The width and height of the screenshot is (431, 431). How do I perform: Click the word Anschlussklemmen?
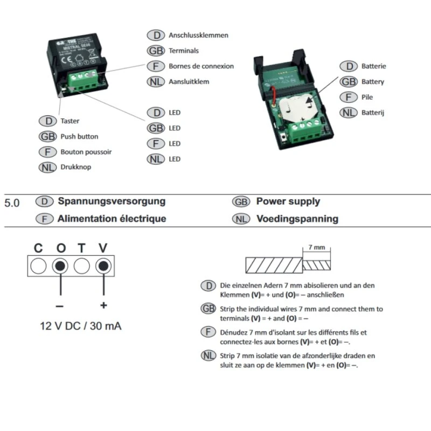coord(198,35)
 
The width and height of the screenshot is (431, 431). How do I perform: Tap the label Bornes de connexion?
coord(201,66)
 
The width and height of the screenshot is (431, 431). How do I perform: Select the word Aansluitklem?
coord(189,82)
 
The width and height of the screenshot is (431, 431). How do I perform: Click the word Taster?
coord(70,121)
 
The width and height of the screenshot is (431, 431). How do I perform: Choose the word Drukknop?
coord(76,167)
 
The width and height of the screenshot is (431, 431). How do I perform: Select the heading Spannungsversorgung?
coord(112,201)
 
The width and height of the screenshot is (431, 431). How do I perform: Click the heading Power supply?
coord(288,201)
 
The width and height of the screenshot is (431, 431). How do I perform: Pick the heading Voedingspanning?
coord(297,219)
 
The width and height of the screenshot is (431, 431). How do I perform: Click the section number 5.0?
coord(12,204)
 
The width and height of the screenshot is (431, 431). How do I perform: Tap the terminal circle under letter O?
coord(60,266)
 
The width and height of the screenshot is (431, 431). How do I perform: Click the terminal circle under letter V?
coord(103,266)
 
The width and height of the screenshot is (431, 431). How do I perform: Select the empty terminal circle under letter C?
coord(38,266)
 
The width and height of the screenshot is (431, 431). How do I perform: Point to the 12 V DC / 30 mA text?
coord(81,326)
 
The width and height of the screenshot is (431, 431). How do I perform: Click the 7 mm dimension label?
coord(316,247)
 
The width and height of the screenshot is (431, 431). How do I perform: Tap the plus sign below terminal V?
coord(103,305)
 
